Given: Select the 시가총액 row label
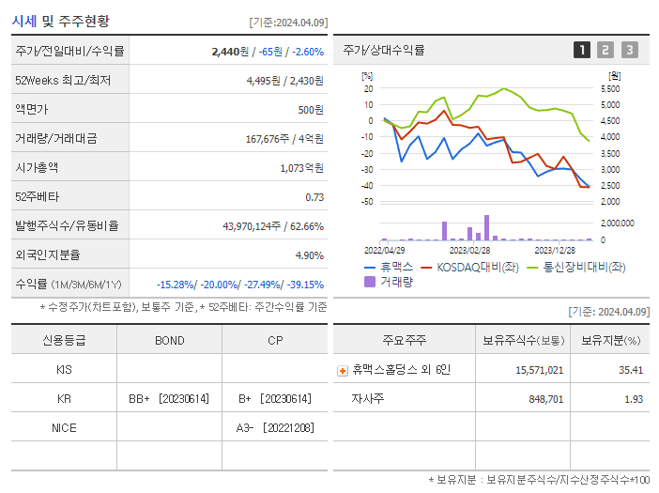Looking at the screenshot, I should (38, 168).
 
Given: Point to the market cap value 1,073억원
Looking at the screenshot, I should (301, 168).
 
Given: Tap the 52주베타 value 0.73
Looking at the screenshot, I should (314, 197).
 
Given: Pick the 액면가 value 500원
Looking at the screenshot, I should (310, 110).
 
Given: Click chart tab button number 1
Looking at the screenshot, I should (582, 51).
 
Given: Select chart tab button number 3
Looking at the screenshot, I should (629, 51).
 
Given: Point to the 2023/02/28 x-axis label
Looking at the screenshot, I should (469, 250).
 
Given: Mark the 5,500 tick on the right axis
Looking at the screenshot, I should (609, 88).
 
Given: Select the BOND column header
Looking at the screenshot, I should (169, 340).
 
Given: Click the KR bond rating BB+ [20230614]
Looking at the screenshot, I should (169, 399).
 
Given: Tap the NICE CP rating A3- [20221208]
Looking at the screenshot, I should (274, 428).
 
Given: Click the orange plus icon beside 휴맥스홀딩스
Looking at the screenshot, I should (343, 371).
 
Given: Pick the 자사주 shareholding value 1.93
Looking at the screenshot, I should (632, 399).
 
